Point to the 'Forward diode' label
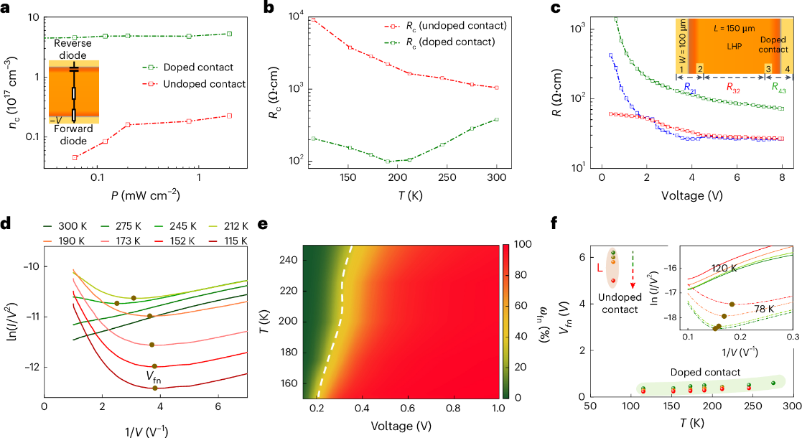pos(74,136)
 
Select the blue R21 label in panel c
pos(690,87)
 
